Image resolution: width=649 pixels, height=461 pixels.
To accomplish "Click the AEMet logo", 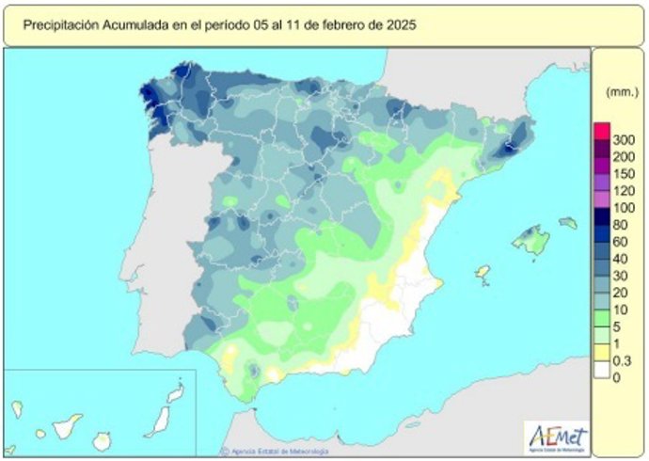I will click(x=557, y=438).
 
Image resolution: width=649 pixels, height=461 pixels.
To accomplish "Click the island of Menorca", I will click(x=567, y=223).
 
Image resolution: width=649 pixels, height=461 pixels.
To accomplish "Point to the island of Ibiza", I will click(x=483, y=273).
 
